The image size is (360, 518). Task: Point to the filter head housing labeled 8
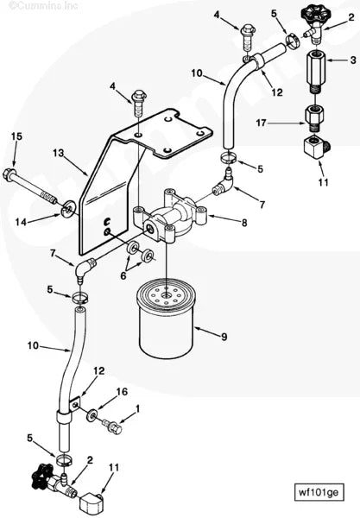[x=172, y=218]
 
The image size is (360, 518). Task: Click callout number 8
[x=243, y=223]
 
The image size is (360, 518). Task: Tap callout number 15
[x=16, y=136]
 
